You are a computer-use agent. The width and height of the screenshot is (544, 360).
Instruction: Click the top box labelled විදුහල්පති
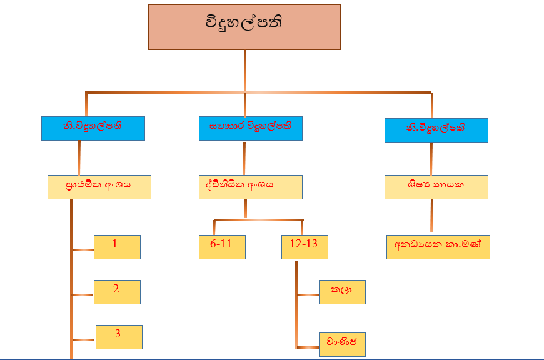pos(244,27)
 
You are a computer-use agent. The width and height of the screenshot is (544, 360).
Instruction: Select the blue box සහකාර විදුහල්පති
pos(250,128)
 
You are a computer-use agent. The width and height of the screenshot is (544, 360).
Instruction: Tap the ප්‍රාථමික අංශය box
pos(99,187)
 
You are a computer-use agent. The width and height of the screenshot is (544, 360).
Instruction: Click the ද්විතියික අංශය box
pos(250,187)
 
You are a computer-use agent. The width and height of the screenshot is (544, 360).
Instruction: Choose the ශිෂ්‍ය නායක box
pos(436,187)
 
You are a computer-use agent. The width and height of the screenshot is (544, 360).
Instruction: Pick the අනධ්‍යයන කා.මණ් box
pos(438,247)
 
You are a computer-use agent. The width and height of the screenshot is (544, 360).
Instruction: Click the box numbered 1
pos(117,247)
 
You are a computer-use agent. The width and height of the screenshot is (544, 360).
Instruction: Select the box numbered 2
pos(117,292)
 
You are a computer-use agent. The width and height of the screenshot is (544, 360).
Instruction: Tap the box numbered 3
pos(119,337)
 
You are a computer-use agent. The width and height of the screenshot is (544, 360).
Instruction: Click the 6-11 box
pos(222,247)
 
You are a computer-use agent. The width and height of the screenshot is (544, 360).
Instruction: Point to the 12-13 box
pos(305,247)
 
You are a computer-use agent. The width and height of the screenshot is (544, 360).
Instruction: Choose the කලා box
pos(342,292)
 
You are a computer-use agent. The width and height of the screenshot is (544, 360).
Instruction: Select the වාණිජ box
pos(342,344)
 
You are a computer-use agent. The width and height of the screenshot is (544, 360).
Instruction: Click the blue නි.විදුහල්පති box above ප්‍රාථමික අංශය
pos(93,128)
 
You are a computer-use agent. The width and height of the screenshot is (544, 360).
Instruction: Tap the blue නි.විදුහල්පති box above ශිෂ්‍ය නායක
pos(436,130)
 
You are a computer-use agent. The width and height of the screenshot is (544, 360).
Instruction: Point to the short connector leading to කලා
pos(308,294)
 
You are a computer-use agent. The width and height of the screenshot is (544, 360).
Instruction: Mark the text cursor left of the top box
pos(49,46)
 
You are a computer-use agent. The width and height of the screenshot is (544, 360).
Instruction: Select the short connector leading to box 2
pos(83,294)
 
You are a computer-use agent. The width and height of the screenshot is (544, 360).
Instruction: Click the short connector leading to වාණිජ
pos(308,347)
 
